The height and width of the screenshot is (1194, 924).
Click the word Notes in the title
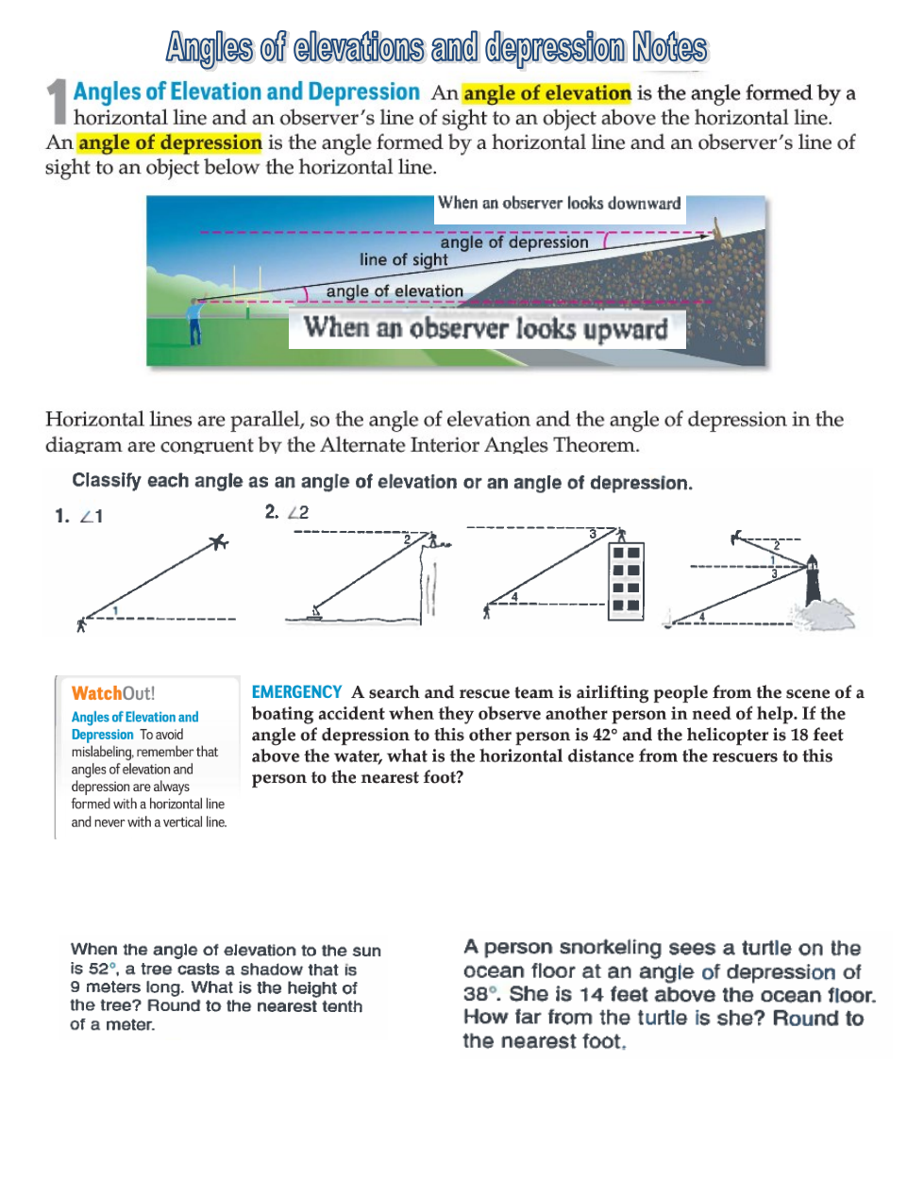[669, 47]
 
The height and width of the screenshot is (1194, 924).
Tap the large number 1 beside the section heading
[57, 101]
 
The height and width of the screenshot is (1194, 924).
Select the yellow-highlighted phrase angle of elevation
[546, 93]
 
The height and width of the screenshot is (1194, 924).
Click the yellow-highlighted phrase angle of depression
[170, 142]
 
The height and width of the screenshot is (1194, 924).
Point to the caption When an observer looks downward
[559, 203]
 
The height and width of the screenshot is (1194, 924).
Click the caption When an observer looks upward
[485, 329]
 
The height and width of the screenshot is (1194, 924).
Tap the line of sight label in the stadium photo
[403, 259]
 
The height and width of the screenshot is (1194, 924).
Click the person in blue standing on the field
[195, 322]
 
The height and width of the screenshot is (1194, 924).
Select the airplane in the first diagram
[219, 541]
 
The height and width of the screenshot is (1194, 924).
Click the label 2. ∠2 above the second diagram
[287, 512]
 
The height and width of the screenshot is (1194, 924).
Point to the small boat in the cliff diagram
[316, 615]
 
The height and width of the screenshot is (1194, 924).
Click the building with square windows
[626, 579]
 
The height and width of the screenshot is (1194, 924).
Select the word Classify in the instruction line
[106, 481]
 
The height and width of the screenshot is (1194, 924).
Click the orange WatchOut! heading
[113, 693]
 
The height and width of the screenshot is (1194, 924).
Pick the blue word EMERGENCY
[296, 692]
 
